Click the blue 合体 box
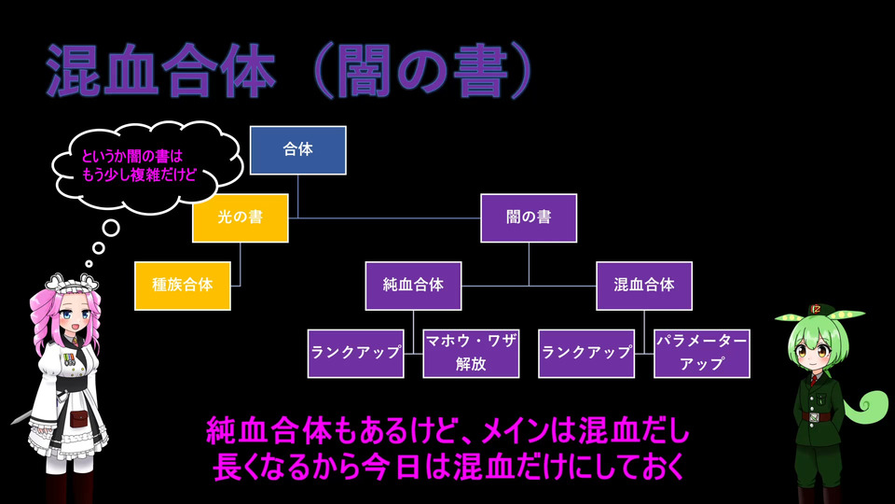pyautogui.click(x=298, y=150)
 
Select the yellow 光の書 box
pyautogui.click(x=240, y=217)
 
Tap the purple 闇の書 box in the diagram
pyautogui.click(x=529, y=217)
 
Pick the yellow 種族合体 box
pyautogui.click(x=182, y=285)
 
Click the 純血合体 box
pyautogui.click(x=413, y=285)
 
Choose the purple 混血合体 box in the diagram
pyautogui.click(x=644, y=285)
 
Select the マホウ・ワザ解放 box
pyautogui.click(x=471, y=353)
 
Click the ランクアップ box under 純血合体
pyautogui.click(x=356, y=353)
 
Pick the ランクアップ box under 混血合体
pyautogui.click(x=586, y=353)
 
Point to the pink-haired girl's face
pyautogui.click(x=76, y=322)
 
